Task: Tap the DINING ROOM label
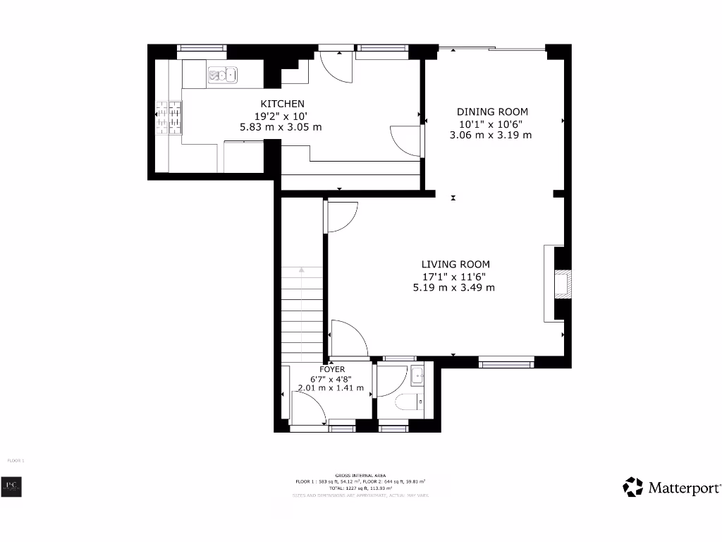click(492, 112)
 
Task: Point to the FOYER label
click(332, 369)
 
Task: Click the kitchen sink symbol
click(222, 73)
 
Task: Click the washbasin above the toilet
click(417, 376)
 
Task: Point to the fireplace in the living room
click(563, 284)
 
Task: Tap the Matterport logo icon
click(632, 487)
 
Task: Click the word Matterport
click(684, 488)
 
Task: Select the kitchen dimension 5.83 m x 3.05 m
click(281, 127)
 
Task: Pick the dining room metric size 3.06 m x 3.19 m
click(491, 135)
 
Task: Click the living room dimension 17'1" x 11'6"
click(453, 276)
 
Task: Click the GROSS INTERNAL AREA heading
click(360, 475)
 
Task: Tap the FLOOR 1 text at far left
click(16, 460)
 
